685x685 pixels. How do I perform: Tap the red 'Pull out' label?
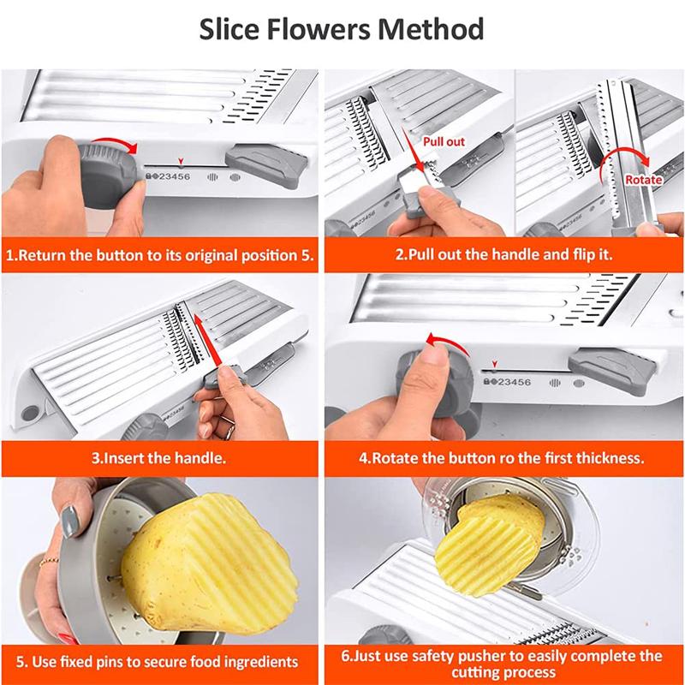[x=444, y=140]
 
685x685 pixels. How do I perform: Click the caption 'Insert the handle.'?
[x=159, y=458]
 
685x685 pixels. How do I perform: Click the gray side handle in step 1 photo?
[x=265, y=161]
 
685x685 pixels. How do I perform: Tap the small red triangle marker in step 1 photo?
[x=180, y=159]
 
